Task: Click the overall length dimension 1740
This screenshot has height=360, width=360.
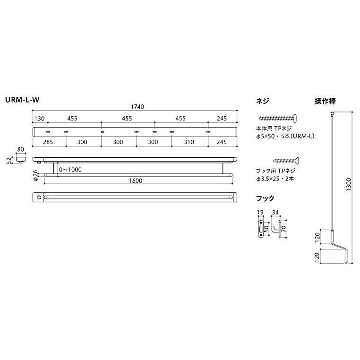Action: pos(135,107)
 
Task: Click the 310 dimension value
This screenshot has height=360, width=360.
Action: pos(189,141)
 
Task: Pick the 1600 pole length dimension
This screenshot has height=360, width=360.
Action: pos(135,180)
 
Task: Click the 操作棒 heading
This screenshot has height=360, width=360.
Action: pos(326,101)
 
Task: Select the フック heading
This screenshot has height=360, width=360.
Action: pos(265,198)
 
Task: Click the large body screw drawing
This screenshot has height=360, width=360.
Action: pos(278,119)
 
